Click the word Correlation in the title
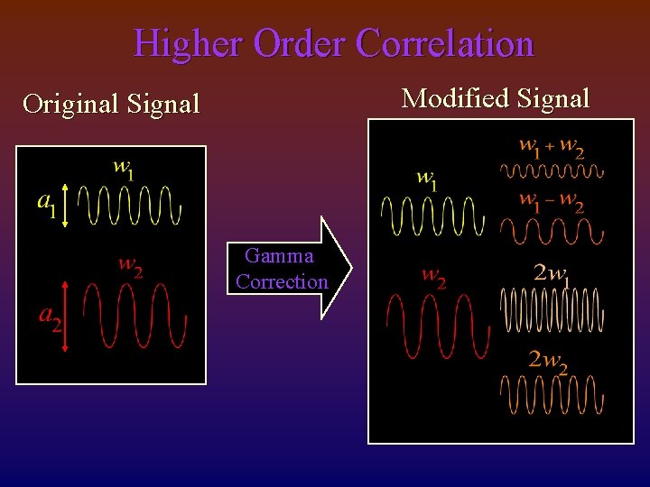(445, 43)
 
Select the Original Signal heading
(111, 104)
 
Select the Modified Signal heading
(496, 97)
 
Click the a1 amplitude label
(46, 205)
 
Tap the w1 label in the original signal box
(124, 170)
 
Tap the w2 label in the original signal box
(131, 267)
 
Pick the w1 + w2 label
(551, 147)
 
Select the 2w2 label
(549, 361)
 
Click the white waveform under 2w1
(552, 309)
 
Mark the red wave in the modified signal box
(436, 325)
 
